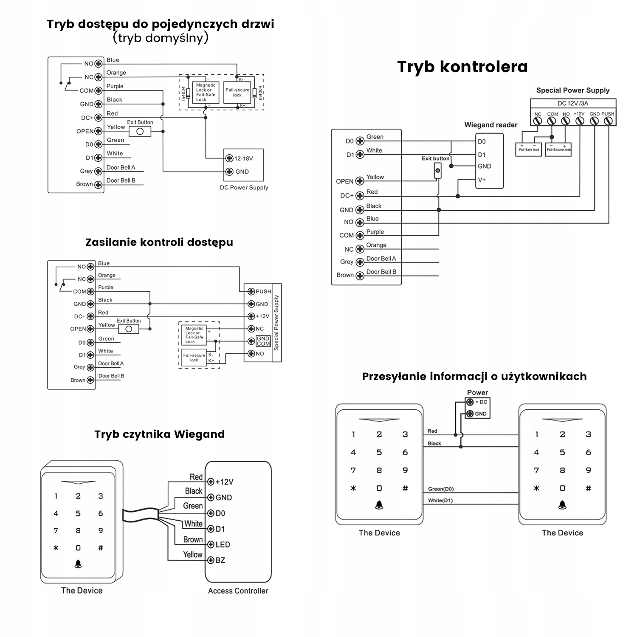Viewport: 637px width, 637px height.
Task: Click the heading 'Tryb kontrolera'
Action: (x=462, y=67)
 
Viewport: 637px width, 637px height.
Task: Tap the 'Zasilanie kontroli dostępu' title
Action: (x=159, y=242)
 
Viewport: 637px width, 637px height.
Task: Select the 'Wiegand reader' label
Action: (x=490, y=125)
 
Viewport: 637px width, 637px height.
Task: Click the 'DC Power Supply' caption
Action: (x=244, y=187)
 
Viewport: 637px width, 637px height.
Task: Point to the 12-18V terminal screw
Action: (x=229, y=158)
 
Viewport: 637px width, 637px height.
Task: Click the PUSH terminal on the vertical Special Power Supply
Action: (x=252, y=291)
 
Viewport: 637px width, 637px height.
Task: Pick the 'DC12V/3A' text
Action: (x=572, y=104)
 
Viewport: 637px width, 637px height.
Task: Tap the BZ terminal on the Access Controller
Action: (x=211, y=560)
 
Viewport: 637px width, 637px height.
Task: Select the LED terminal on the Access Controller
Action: (x=211, y=544)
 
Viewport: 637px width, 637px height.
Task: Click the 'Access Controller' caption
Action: (x=238, y=591)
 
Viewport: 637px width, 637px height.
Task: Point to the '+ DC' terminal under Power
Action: (x=470, y=402)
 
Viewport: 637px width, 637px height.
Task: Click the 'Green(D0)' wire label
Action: (x=441, y=489)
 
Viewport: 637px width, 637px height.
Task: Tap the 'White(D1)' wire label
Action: (x=440, y=501)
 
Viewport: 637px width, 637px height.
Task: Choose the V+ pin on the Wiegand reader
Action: (x=482, y=180)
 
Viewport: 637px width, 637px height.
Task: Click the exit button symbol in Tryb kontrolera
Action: (x=437, y=171)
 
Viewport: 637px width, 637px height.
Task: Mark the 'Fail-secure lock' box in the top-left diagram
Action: (x=237, y=93)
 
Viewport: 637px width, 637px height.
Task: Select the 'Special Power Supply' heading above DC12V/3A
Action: (x=572, y=90)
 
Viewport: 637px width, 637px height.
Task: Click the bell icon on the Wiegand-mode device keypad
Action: (x=78, y=564)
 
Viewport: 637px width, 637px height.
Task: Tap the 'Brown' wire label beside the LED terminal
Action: (x=193, y=540)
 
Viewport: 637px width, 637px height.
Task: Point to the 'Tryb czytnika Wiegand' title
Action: (x=159, y=434)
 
